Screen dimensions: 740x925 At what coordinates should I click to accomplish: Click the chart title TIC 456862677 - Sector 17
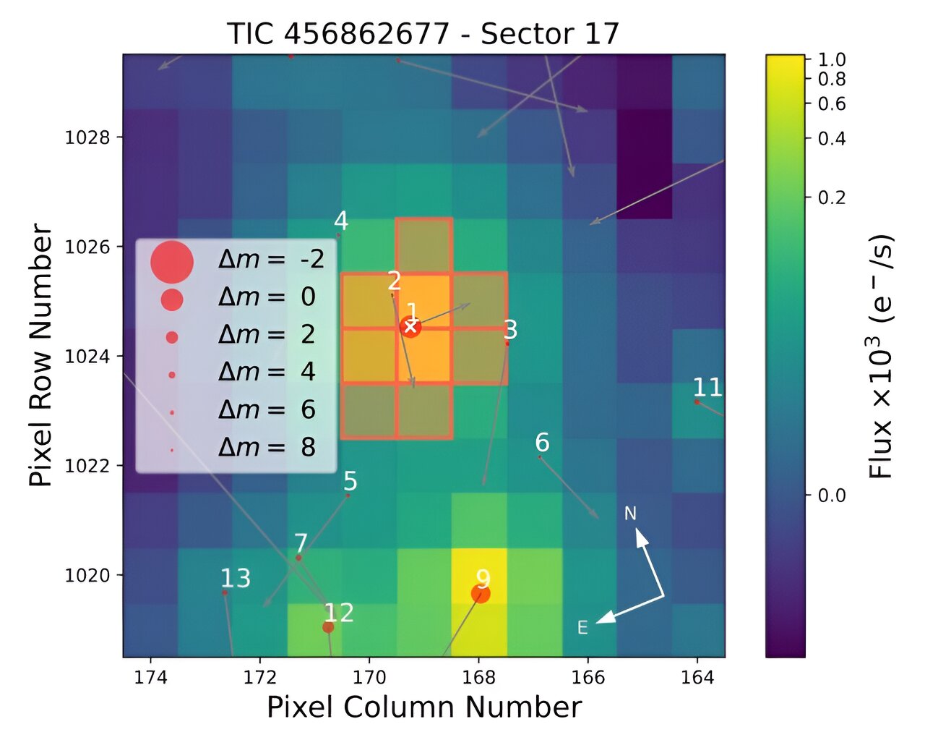(423, 34)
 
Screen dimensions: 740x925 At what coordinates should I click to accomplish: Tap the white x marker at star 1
(410, 327)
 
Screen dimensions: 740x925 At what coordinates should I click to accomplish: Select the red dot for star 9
(481, 594)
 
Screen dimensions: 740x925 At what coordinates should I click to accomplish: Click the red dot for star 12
(328, 627)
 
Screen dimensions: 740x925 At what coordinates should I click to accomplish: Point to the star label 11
(707, 388)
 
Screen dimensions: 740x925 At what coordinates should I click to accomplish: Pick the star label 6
(542, 442)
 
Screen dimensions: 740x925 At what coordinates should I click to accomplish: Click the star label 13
(236, 578)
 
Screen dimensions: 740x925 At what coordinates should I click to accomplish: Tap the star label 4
(340, 221)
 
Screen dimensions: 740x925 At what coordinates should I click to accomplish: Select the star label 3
(510, 330)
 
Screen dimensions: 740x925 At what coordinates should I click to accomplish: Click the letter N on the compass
(630, 514)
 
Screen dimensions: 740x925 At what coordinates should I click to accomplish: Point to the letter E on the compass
(582, 628)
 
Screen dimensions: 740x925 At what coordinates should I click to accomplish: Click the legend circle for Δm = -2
(172, 261)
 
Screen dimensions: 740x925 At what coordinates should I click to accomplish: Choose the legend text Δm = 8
(267, 447)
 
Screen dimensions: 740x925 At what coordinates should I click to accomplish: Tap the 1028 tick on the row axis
(87, 137)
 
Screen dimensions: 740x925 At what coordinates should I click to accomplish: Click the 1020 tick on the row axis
(87, 575)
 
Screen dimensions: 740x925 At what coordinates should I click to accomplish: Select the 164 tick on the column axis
(697, 677)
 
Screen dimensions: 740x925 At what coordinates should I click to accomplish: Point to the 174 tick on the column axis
(150, 677)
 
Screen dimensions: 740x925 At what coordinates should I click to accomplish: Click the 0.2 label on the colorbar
(831, 197)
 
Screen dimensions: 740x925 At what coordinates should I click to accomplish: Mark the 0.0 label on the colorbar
(831, 496)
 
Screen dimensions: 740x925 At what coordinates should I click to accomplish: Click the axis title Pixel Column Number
(424, 707)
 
